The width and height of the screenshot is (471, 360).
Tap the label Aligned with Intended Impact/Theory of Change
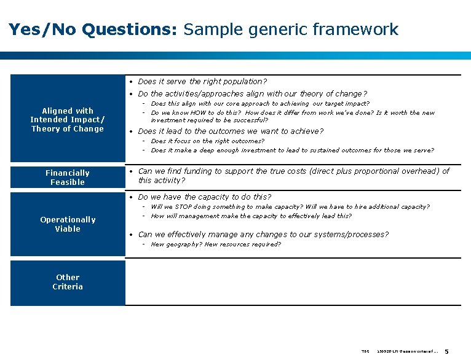[68, 120]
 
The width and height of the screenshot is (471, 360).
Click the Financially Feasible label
[68, 178]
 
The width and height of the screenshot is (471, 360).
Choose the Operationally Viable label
[68, 224]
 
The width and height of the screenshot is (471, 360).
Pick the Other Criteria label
[68, 282]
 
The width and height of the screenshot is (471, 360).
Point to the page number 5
[446, 351]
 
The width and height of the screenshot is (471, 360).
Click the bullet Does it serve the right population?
[202, 81]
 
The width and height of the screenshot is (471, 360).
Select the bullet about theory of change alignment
[252, 94]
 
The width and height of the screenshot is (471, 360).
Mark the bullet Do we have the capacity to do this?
[204, 197]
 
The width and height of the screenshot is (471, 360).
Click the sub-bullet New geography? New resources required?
[215, 245]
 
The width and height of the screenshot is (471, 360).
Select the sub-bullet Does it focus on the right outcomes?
[207, 141]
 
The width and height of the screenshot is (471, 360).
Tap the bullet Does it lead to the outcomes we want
[231, 131]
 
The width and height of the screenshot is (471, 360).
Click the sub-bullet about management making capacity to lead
[251, 216]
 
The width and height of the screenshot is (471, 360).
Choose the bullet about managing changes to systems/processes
[263, 235]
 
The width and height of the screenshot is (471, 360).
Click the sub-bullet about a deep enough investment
[292, 150]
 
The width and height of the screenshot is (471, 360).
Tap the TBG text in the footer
[365, 351]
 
